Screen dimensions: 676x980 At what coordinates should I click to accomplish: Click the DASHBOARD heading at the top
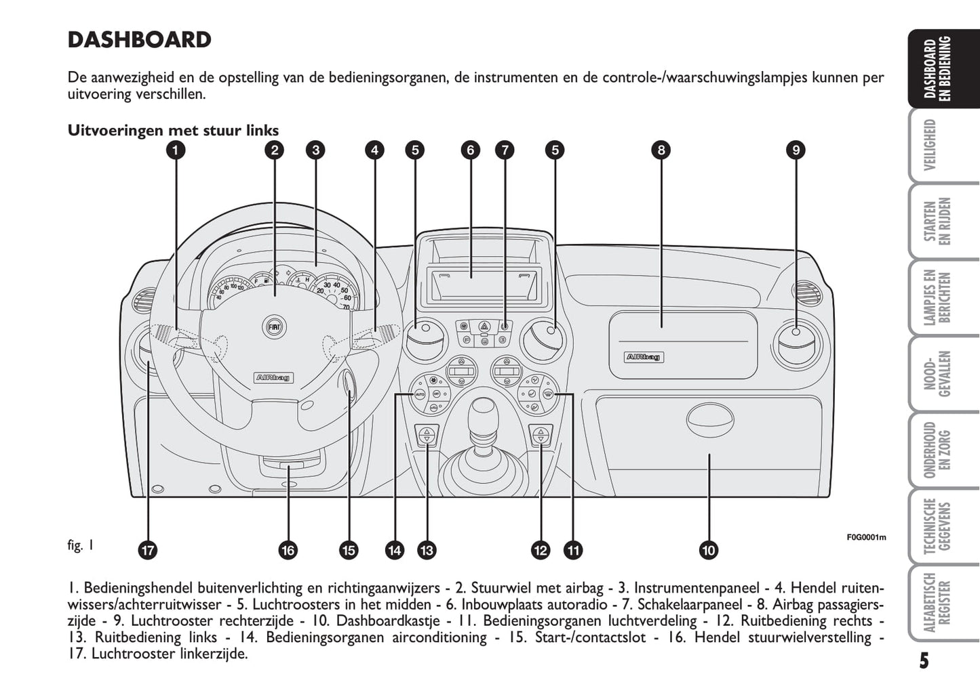pos(139,40)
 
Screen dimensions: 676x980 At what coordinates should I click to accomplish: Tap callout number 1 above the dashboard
pos(176,150)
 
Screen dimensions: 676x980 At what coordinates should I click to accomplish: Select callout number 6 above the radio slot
pos(470,150)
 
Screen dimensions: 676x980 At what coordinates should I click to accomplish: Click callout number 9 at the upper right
pos(796,150)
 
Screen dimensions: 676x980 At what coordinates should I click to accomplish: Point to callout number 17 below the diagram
pos(147,550)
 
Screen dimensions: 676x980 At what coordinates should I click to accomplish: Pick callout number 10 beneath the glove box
pos(709,550)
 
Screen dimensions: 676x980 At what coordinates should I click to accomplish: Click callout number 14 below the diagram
pos(394,550)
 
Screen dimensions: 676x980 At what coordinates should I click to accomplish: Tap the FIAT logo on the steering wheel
pos(273,326)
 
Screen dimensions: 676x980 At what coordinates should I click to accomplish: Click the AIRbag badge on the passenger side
pos(644,357)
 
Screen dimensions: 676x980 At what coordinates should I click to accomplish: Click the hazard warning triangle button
pos(484,326)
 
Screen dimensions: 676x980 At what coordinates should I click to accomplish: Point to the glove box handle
pos(709,420)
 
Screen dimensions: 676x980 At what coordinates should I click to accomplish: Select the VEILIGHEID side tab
pos(930,144)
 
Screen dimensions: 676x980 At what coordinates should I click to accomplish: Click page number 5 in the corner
pos(924,660)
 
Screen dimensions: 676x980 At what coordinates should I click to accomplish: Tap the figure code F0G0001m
pos(866,537)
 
